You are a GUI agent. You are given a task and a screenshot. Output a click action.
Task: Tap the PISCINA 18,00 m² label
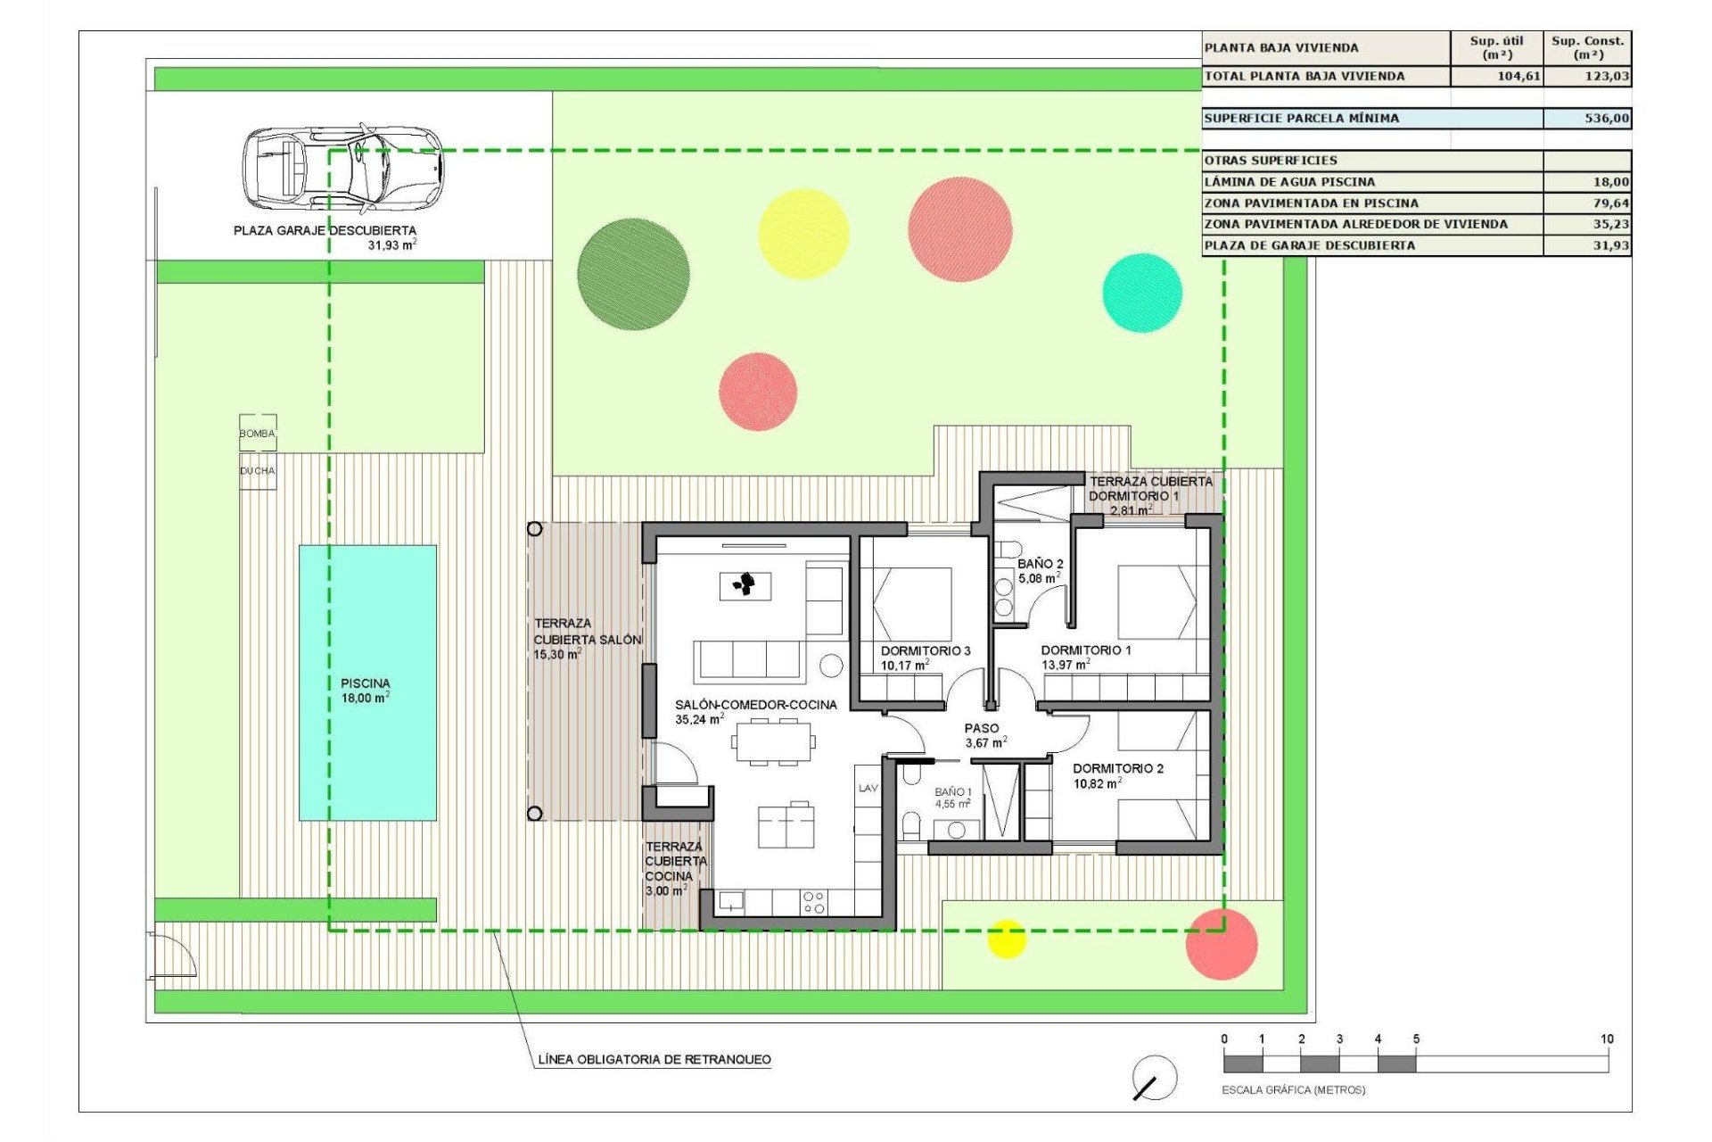366,691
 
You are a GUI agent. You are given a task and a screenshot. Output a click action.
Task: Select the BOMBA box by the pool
258,433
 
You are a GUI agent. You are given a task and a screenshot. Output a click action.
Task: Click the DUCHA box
258,470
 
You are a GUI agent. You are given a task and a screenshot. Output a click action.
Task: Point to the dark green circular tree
633,274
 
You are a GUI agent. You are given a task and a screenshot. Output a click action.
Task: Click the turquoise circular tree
1142,293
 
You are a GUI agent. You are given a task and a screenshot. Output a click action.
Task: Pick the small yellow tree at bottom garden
1007,939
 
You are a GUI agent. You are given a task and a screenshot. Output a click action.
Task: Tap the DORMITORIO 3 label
926,651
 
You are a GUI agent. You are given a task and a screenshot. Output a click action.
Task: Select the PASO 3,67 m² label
984,735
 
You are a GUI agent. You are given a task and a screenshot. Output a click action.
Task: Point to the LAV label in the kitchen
868,789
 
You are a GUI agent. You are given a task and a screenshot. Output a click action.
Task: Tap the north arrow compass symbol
1154,1078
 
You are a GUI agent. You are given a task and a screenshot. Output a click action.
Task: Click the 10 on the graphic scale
1607,1039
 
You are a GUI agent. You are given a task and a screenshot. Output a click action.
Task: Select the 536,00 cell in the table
1587,118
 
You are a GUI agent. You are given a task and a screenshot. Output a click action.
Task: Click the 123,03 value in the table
1587,77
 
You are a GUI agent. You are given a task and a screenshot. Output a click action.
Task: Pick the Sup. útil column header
1496,47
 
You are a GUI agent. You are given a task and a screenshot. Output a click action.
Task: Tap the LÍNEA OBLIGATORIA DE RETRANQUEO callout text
654,1060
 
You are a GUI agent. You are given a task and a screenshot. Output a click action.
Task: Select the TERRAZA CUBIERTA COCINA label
676,868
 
